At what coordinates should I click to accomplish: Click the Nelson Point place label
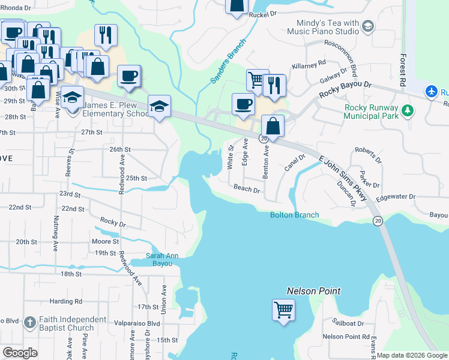click(313, 291)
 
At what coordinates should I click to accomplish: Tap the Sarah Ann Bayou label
click(163, 259)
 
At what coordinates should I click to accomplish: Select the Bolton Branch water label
click(294, 215)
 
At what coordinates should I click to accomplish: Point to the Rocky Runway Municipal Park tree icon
click(408, 110)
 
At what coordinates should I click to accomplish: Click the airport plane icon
click(431, 92)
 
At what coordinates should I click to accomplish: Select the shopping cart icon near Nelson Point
click(284, 310)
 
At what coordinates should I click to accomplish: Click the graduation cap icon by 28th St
click(159, 106)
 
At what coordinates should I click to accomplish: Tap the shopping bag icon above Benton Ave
click(273, 127)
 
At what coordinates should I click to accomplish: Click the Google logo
click(20, 353)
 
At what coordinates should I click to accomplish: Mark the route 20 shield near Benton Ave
click(263, 139)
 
